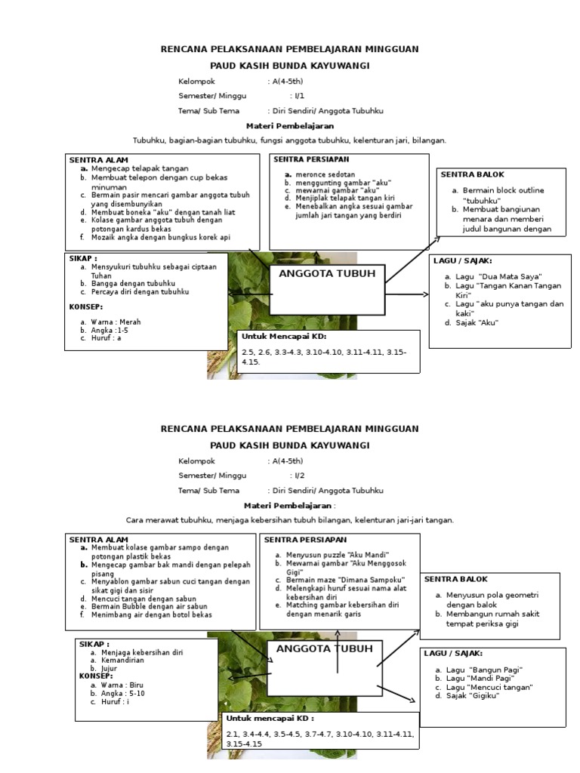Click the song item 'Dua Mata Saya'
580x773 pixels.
498,277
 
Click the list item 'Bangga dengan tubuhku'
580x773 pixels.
135,283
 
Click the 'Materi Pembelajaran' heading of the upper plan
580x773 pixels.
290,126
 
